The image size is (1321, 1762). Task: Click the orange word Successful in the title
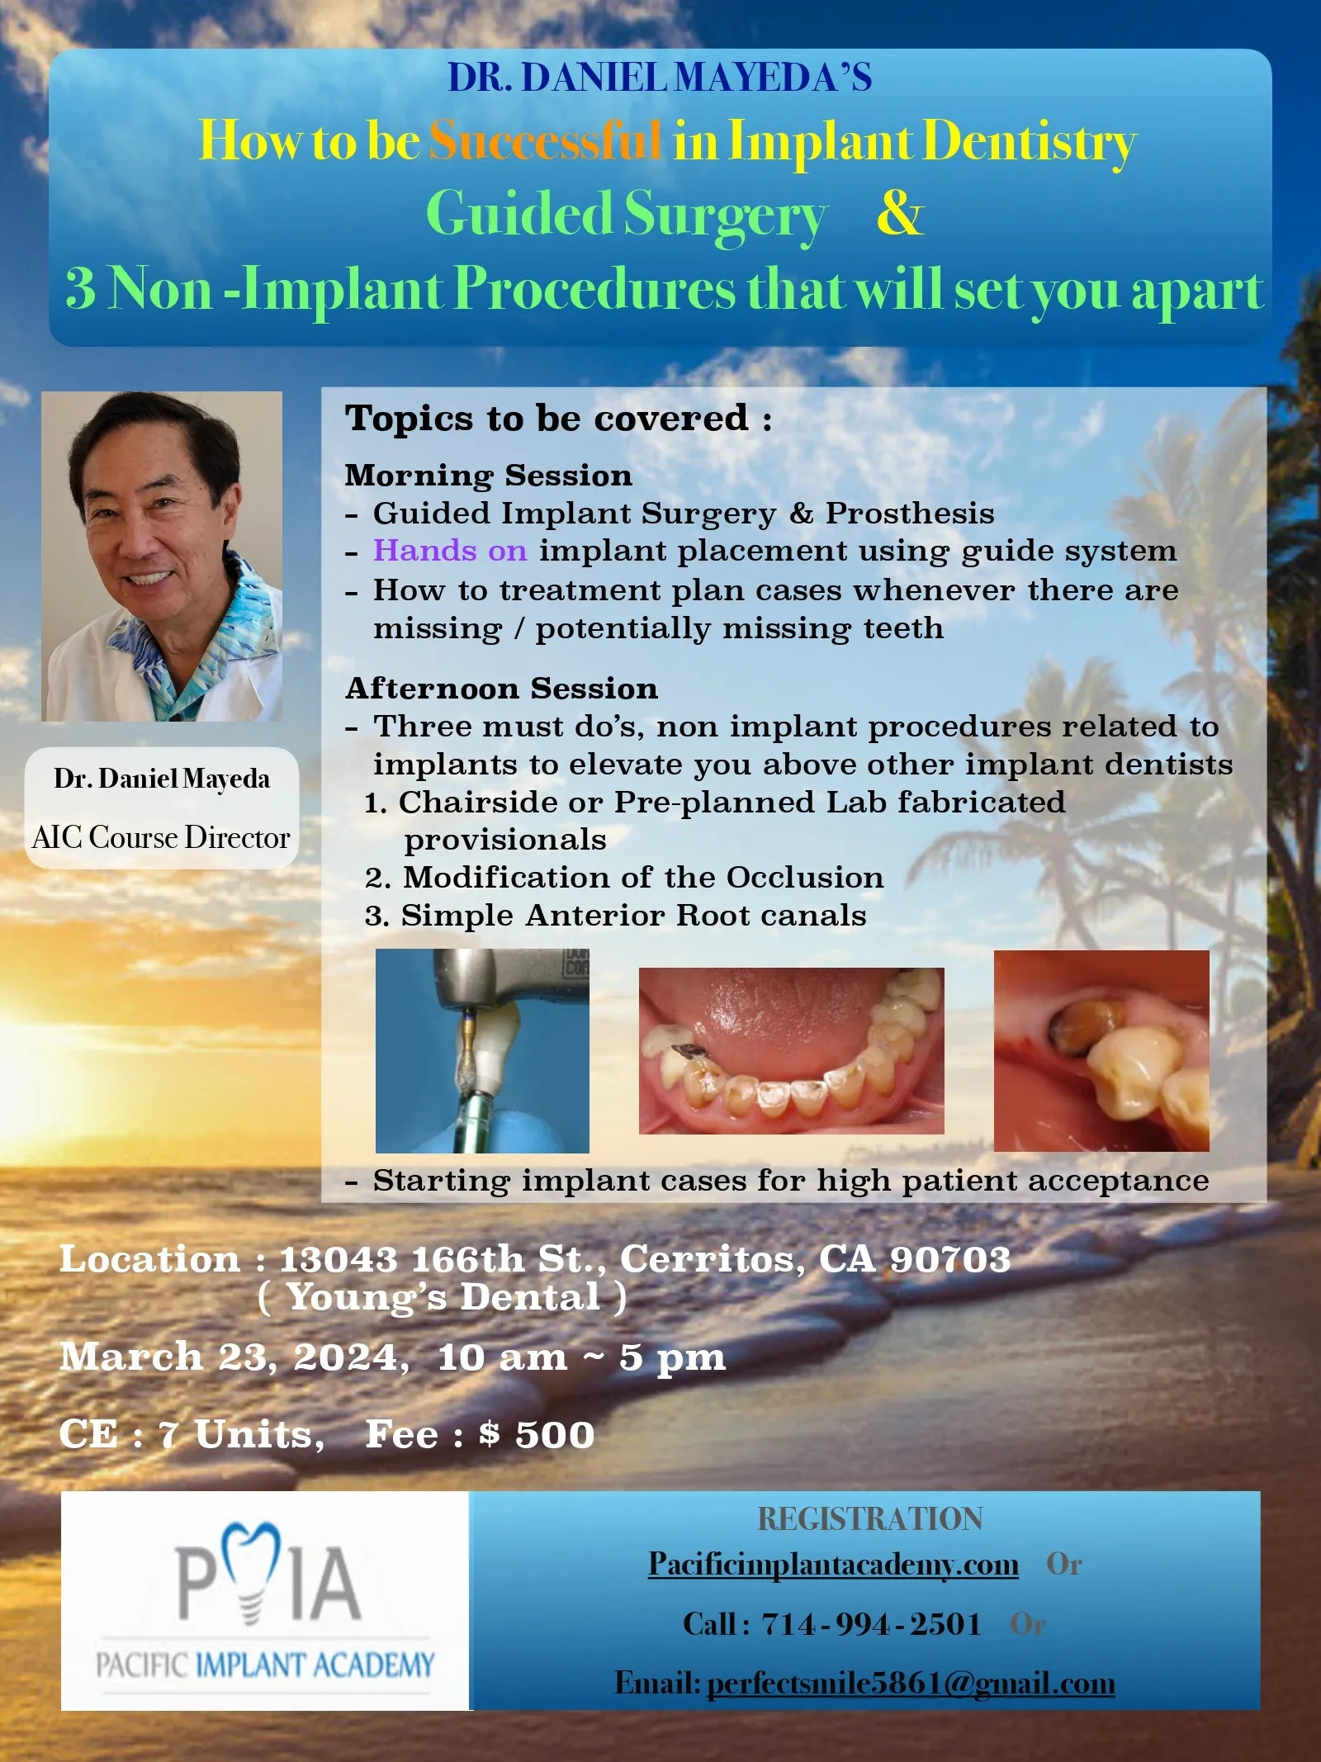545,140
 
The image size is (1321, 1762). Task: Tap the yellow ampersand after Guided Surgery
899,213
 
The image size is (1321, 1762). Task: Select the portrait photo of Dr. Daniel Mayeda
162,556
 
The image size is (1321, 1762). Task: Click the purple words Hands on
450,551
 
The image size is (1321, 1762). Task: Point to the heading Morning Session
489,476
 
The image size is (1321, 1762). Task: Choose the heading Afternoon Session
501,688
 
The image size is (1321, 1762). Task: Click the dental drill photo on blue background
482,1050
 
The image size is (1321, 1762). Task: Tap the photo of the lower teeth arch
791,1050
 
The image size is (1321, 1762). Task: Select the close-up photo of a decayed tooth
1101,1050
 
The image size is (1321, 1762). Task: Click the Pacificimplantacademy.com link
833,1565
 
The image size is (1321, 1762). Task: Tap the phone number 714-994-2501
871,1624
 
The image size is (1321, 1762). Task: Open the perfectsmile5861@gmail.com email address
911,1683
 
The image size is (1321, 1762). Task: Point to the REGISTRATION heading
870,1518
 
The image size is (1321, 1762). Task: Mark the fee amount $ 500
537,1434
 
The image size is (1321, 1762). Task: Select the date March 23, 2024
234,1357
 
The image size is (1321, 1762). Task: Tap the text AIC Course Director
161,837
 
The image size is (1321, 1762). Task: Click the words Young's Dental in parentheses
443,1297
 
